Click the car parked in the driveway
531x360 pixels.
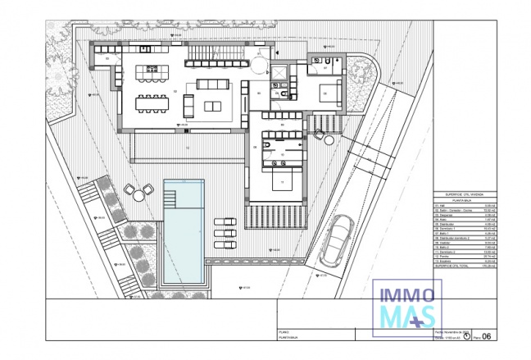(x=338, y=239)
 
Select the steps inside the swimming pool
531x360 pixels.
(x=170, y=197)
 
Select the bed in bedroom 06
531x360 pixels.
(x=331, y=91)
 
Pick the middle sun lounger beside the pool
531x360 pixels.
(x=223, y=232)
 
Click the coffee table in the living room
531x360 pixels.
(x=213, y=104)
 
